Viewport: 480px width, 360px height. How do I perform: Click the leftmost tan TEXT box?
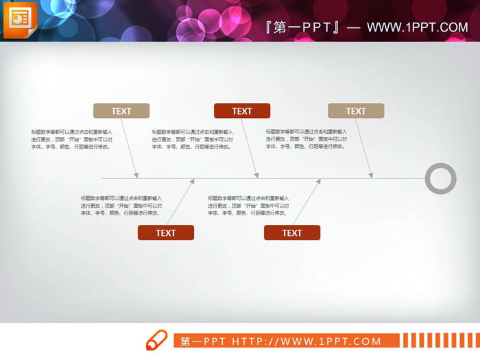tap(121, 111)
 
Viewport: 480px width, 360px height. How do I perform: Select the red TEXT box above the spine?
tap(242, 111)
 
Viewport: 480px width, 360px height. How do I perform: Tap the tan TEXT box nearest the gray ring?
tap(356, 111)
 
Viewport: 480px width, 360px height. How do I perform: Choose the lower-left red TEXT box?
tap(166, 232)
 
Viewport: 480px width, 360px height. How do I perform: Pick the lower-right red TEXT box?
tap(292, 232)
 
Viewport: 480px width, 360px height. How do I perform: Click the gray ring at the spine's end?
tap(440, 178)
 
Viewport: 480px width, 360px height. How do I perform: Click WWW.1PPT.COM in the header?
tap(417, 27)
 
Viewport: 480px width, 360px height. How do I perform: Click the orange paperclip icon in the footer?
tap(156, 340)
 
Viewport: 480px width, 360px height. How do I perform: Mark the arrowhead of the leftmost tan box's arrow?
tap(138, 176)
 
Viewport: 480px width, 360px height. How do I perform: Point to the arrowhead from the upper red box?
tap(258, 176)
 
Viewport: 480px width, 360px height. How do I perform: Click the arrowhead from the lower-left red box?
tap(193, 182)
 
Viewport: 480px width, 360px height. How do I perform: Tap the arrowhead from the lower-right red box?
tap(320, 182)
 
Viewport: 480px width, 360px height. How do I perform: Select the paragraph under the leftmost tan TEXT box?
tap(71, 139)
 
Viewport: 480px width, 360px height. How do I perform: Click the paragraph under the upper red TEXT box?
tap(193, 139)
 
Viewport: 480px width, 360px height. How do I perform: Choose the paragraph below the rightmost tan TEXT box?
tap(307, 139)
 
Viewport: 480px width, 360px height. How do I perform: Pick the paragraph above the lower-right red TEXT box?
tap(248, 206)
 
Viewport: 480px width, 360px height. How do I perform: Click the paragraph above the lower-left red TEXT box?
tap(121, 206)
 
